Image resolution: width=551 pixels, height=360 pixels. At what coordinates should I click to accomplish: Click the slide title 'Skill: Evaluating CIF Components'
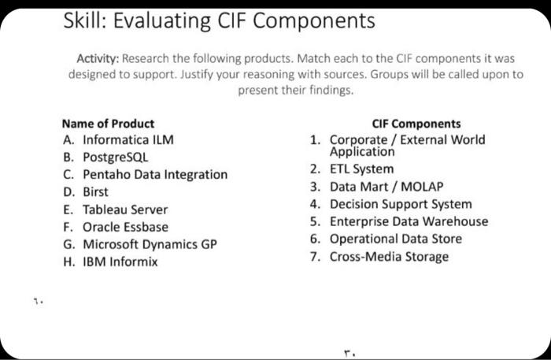click(219, 21)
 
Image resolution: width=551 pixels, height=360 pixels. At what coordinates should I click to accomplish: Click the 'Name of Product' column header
click(108, 124)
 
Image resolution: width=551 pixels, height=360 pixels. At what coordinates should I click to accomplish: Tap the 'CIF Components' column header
click(416, 124)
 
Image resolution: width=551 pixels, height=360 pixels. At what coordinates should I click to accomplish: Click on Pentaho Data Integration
click(145, 175)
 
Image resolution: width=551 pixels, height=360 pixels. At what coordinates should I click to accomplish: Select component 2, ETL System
click(361, 169)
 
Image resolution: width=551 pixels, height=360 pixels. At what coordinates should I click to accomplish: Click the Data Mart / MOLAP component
click(386, 187)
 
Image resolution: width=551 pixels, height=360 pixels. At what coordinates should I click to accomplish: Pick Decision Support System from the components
click(400, 204)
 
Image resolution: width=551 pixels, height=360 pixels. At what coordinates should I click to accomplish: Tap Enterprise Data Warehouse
click(409, 221)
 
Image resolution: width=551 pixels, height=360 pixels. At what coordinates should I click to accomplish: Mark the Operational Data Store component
click(395, 239)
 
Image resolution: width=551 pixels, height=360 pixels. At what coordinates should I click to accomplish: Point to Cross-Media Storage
click(389, 257)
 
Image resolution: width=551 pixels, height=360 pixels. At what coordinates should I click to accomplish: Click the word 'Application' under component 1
click(362, 152)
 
